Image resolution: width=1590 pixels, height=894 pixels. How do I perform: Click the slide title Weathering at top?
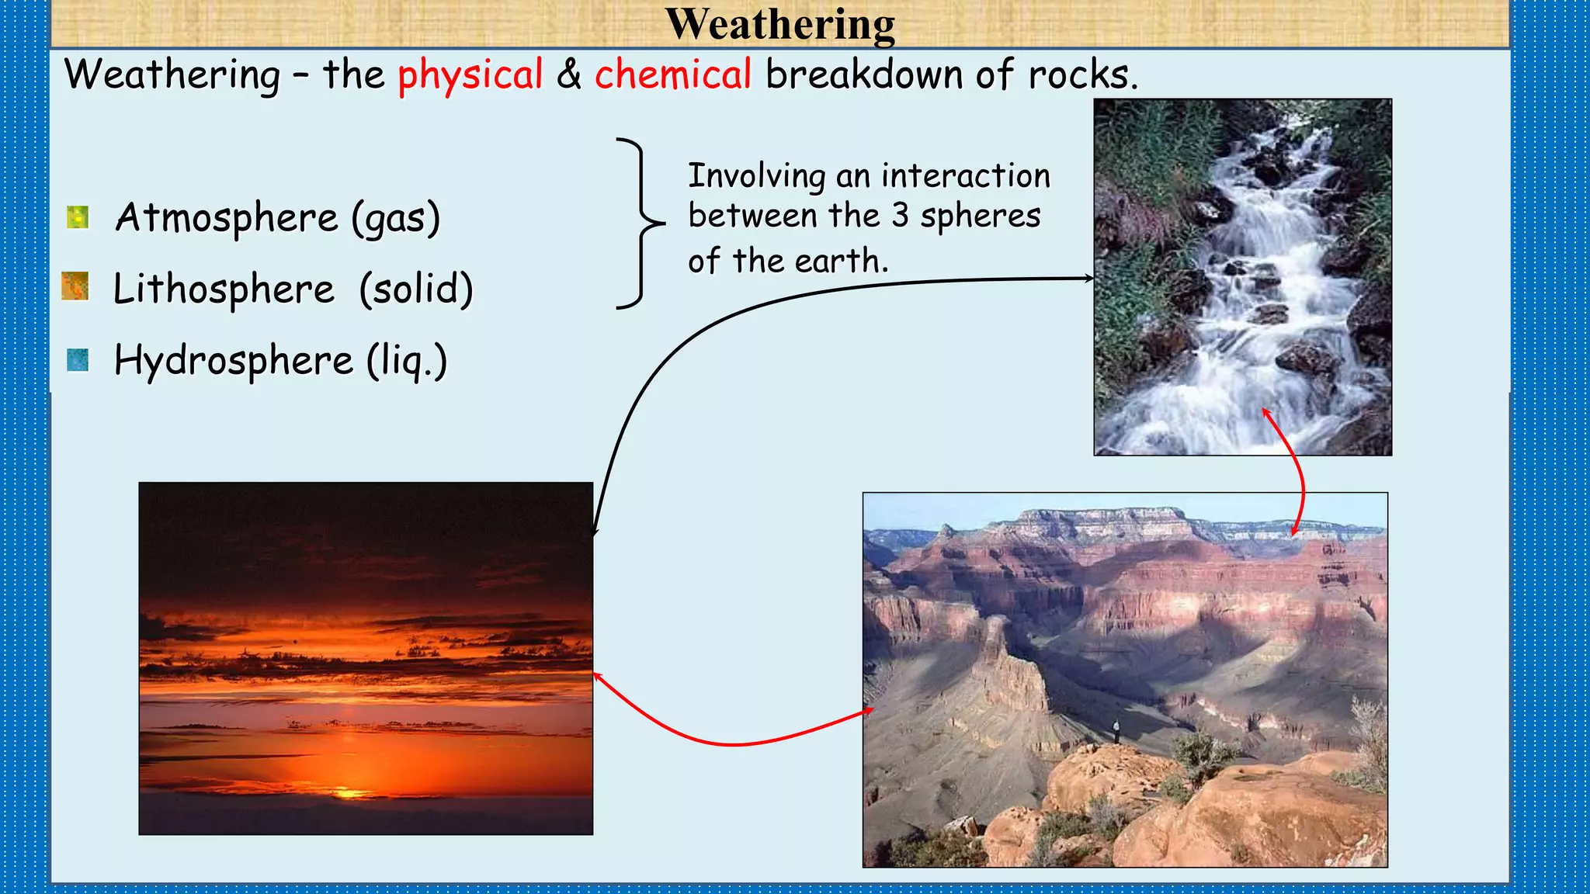tap(780, 25)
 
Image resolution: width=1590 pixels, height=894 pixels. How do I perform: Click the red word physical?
tap(470, 76)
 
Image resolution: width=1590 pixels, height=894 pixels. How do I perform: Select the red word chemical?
tap(672, 75)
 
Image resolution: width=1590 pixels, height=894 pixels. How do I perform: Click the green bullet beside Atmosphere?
tap(78, 217)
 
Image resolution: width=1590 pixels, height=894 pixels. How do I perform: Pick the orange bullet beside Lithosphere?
tap(75, 286)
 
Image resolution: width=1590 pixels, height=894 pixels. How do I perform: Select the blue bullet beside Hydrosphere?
tap(78, 360)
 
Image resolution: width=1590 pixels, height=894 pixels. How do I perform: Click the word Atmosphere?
tap(227, 218)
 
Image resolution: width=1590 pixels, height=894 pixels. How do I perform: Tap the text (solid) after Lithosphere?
tap(415, 289)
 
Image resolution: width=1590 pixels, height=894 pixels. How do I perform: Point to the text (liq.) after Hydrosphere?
tap(407, 362)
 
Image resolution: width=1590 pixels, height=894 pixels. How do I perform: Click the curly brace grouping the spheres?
tap(641, 223)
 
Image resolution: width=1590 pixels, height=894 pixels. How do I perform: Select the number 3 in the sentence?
tap(900, 216)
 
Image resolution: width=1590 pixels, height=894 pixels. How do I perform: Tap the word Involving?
tap(756, 176)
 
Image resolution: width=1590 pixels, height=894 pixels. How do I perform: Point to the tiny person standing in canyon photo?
tap(1116, 729)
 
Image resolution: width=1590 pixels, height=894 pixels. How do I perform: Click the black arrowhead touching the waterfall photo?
tap(1088, 278)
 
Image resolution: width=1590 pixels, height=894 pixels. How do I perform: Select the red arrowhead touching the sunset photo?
tap(598, 677)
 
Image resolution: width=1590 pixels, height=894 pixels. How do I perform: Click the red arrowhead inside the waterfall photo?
tap(1266, 412)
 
